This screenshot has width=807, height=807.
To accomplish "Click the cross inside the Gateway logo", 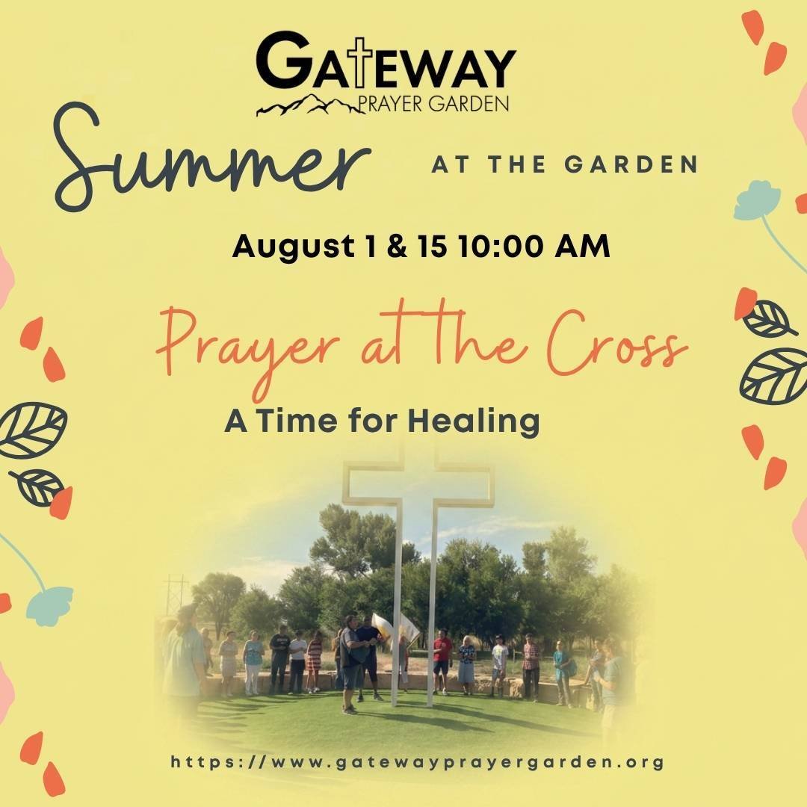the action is click(362, 62).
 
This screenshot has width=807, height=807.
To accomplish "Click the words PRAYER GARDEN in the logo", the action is click(433, 103).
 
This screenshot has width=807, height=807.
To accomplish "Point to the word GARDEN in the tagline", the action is click(631, 164).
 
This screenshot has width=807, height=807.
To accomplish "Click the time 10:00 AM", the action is click(534, 246).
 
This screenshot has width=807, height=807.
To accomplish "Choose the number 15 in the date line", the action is click(432, 246).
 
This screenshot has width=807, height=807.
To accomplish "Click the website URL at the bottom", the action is click(417, 761).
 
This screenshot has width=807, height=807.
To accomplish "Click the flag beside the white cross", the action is click(395, 627).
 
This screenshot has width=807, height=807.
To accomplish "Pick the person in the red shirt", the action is click(442, 661).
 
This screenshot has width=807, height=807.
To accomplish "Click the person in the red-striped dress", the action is click(314, 662).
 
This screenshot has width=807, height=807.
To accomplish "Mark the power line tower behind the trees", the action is click(176, 596).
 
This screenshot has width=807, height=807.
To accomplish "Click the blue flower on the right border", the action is click(757, 200).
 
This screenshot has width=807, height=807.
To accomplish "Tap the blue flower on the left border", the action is click(49, 606).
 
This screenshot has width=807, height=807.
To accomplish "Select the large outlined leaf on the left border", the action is click(32, 430).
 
